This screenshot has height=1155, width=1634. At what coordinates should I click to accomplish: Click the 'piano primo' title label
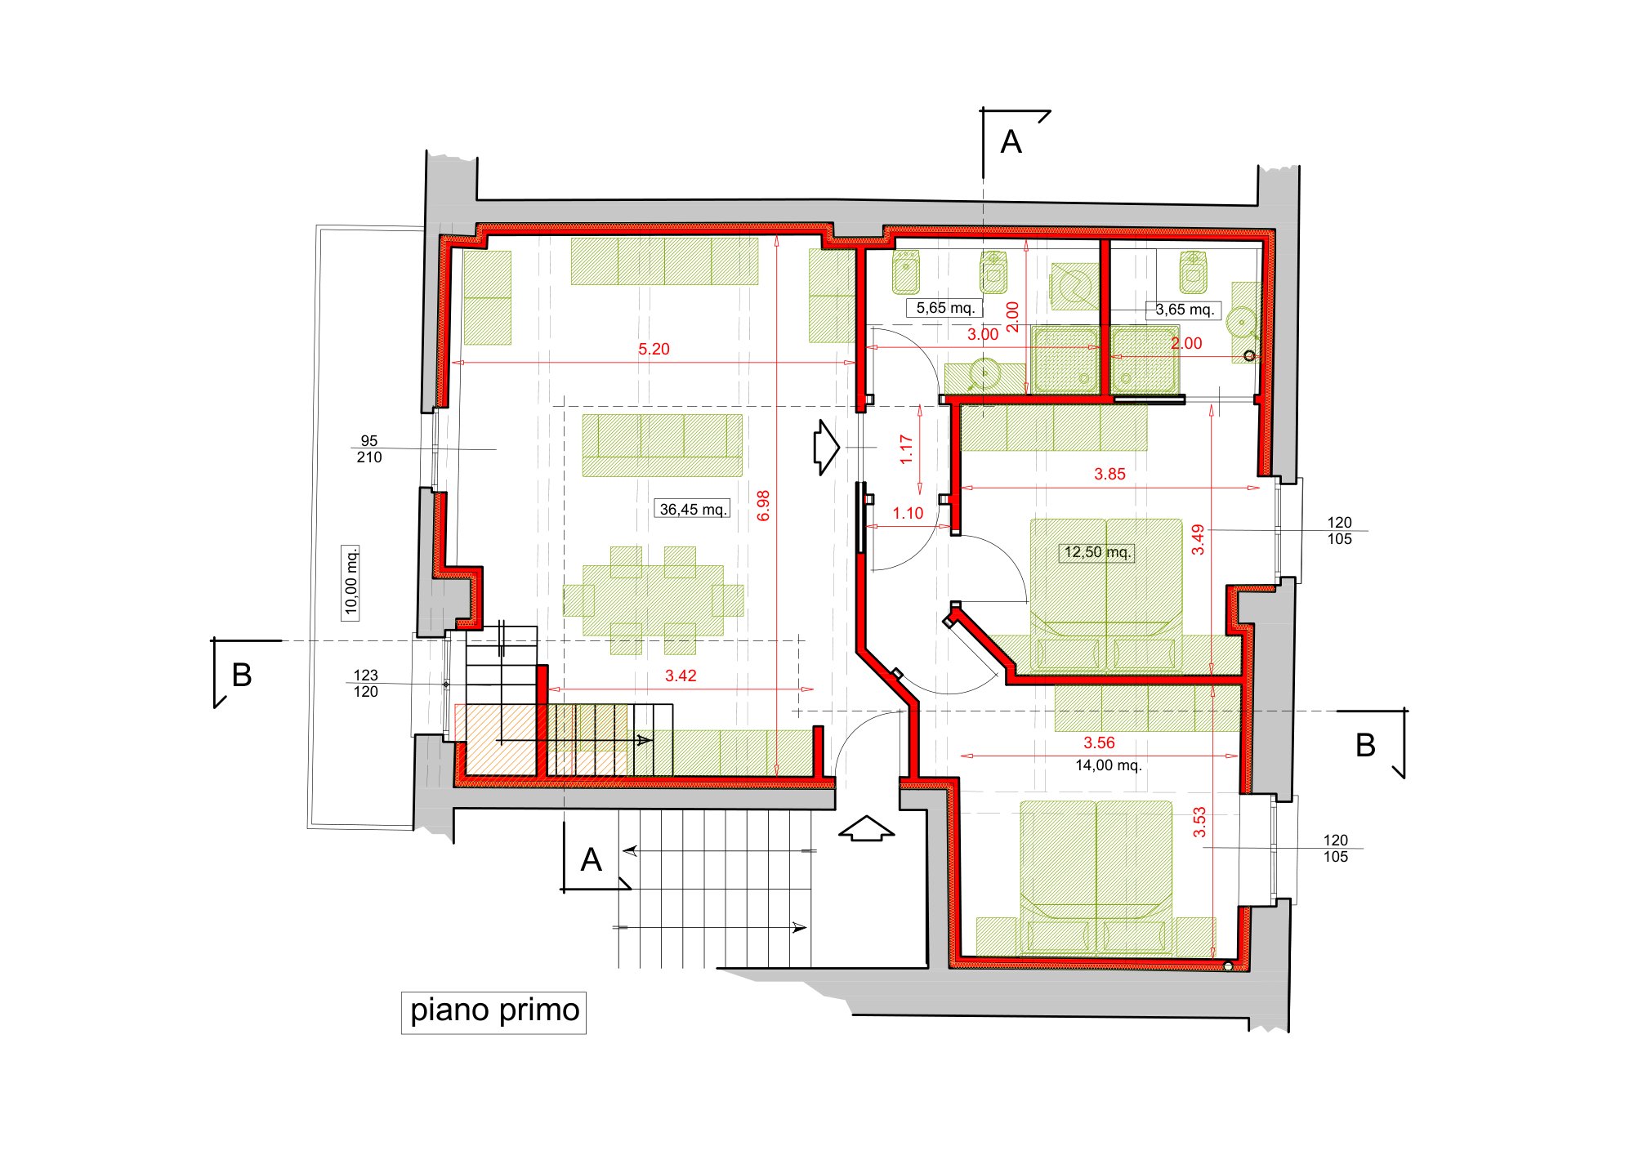(x=493, y=1011)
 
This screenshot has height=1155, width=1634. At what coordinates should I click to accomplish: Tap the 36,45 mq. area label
(x=693, y=510)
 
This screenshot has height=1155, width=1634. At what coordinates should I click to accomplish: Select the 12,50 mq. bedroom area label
(x=1097, y=552)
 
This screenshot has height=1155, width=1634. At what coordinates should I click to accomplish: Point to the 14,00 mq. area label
(x=1108, y=766)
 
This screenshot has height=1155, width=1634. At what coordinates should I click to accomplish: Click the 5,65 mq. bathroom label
(x=945, y=308)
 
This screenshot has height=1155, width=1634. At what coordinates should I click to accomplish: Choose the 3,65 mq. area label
(x=1184, y=310)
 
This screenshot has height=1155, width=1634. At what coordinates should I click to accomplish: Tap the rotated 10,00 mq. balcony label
(x=350, y=582)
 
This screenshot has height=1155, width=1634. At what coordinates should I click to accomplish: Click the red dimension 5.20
(x=654, y=350)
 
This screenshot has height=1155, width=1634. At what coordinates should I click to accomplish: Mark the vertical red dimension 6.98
(x=764, y=506)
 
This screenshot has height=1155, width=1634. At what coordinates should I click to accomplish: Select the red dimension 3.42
(x=681, y=676)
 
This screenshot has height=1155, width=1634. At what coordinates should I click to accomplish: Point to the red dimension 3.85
(x=1109, y=474)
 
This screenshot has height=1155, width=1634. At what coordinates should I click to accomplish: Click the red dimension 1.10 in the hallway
(x=908, y=513)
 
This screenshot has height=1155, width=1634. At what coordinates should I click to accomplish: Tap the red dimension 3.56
(x=1099, y=742)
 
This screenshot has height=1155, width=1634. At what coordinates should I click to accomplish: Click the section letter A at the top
(x=1011, y=142)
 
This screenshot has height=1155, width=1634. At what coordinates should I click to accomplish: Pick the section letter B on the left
(x=242, y=676)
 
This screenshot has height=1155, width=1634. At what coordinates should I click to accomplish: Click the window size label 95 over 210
(x=369, y=449)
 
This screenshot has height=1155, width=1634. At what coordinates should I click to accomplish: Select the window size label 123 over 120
(x=365, y=684)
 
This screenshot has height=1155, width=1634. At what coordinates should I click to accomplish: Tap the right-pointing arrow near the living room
(x=826, y=448)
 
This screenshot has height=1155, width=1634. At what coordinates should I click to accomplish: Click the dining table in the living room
(x=654, y=600)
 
